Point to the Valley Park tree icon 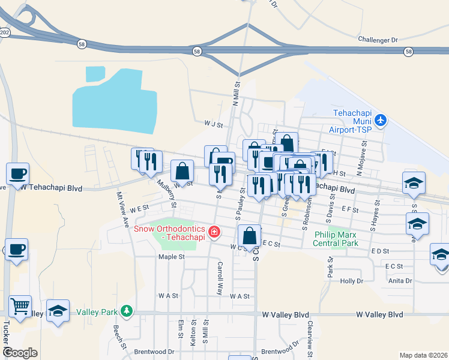(x=125, y=311)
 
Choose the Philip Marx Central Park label (x=336, y=238)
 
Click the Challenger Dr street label (x=378, y=40)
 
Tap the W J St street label (x=213, y=125)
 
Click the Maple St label (x=170, y=257)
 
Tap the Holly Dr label (x=352, y=281)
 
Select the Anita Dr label (x=400, y=280)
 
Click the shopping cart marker (x=20, y=306)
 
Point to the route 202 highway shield (x=5, y=32)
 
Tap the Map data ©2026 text (x=423, y=355)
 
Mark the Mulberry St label (x=166, y=192)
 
